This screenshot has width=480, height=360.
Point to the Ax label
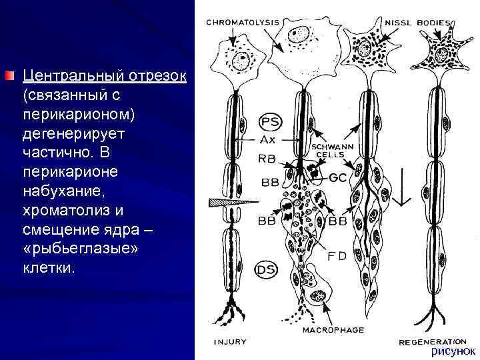point(268,140)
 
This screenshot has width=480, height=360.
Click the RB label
point(267,159)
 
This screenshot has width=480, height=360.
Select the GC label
point(338,178)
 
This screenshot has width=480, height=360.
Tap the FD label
point(337,256)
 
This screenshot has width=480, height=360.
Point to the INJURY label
point(230,342)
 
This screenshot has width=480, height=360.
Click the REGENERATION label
point(433,341)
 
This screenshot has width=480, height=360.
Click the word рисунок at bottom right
point(453,351)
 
